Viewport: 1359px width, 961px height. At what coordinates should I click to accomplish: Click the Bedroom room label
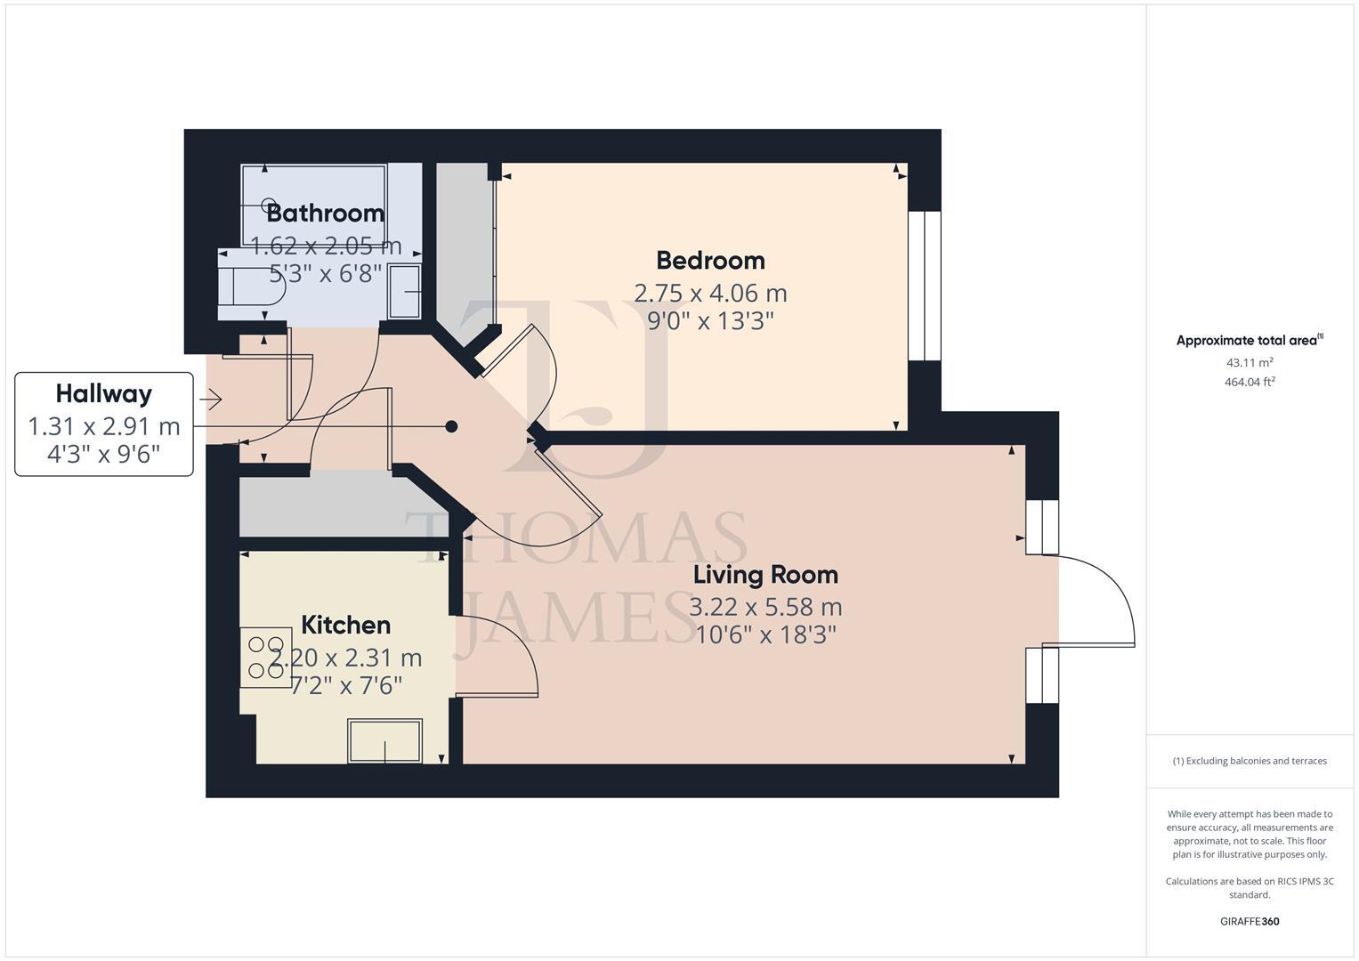click(710, 261)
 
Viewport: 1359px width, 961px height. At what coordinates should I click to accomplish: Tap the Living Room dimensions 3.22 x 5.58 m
click(765, 607)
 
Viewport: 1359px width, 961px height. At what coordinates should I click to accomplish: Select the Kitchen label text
click(345, 625)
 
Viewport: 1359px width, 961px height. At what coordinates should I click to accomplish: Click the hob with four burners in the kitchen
click(266, 658)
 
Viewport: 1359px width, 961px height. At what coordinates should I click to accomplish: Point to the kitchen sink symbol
click(385, 741)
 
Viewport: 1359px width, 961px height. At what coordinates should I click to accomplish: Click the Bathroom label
click(325, 213)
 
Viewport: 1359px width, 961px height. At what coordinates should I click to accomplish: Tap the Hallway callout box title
click(103, 393)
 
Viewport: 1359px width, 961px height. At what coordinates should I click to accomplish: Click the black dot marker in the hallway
click(451, 426)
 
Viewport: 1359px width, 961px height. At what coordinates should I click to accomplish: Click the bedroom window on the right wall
click(924, 286)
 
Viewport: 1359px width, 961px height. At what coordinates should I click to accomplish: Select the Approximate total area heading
click(1249, 340)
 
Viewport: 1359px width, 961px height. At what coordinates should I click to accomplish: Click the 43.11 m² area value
click(1249, 362)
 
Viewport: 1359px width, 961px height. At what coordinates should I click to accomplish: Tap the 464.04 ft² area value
click(1249, 382)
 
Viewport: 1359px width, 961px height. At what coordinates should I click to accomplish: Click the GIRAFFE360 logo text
click(1249, 921)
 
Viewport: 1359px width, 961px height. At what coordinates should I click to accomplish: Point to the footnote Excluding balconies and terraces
click(1249, 761)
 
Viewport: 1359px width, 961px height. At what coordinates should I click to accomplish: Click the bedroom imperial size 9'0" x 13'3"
click(710, 320)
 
